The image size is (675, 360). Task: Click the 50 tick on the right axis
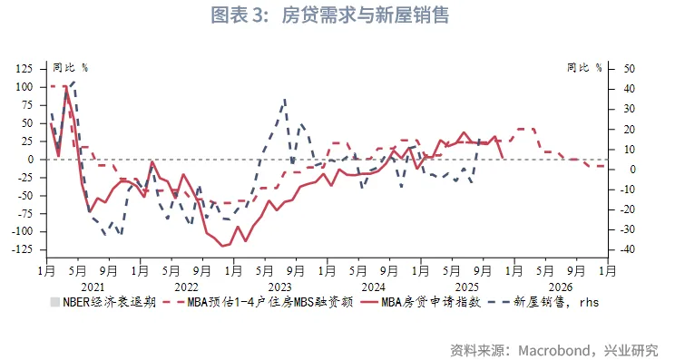pos(630,69)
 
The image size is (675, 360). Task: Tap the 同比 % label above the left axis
pos(70,67)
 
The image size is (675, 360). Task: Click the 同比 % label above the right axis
pos(584,67)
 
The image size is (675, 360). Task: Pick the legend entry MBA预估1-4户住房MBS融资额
pos(263,302)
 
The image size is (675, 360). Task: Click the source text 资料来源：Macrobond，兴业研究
pos(554,349)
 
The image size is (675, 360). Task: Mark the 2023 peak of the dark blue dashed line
pos(286,99)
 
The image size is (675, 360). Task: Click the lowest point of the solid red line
pos(221,246)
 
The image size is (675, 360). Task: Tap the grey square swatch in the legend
pos(54,302)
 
